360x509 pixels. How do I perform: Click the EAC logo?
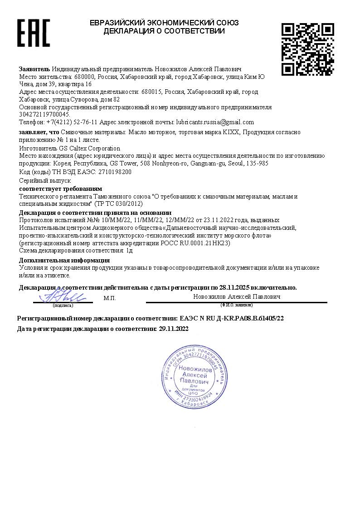point(33,33)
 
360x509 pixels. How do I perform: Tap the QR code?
point(308,49)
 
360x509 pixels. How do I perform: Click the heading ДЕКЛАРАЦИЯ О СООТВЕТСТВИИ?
point(164,31)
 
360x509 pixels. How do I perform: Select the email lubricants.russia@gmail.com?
point(214,122)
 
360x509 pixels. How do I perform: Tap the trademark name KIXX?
point(231,132)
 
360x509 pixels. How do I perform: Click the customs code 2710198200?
point(109,172)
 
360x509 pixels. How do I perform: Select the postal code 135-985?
point(258,163)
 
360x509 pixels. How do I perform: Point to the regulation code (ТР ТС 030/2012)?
point(118,204)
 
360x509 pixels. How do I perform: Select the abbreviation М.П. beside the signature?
point(110,298)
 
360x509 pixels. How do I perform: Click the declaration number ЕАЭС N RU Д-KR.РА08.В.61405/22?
point(232,319)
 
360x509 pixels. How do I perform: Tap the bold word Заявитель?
point(34,69)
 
